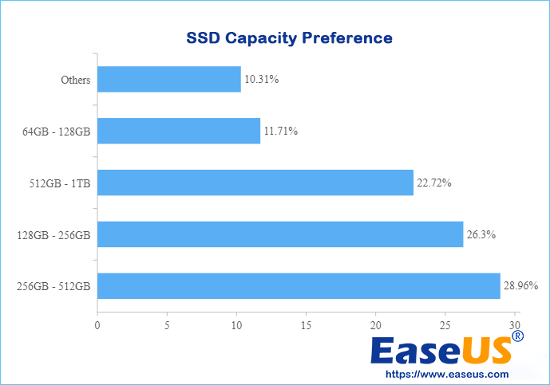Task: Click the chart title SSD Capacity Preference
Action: [x=289, y=37]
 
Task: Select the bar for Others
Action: [x=168, y=79]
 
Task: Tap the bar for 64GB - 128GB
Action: [x=179, y=131]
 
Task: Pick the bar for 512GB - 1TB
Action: [x=255, y=183]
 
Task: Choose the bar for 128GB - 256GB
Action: [x=280, y=234]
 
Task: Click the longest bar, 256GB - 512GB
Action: [x=299, y=285]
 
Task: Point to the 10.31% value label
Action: [x=261, y=80]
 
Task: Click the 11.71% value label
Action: [x=281, y=131]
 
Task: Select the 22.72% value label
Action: [x=434, y=183]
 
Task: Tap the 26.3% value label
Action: [x=481, y=234]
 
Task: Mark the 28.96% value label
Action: [x=521, y=285]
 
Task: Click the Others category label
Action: [x=75, y=80]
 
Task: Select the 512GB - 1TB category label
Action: [x=60, y=183]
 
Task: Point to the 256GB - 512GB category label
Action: [x=53, y=285]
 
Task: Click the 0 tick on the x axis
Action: [x=97, y=325]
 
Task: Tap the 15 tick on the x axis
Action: [x=307, y=325]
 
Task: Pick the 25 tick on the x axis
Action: [x=446, y=325]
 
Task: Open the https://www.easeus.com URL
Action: [x=447, y=374]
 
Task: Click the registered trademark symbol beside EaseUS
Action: [x=518, y=337]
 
